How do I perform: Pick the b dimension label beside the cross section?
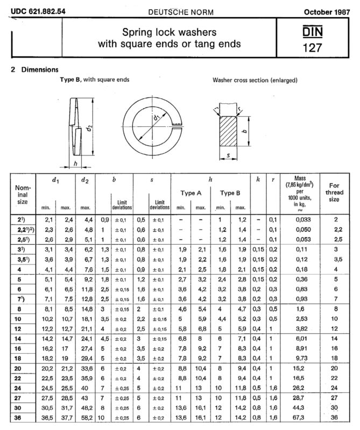[245, 131]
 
